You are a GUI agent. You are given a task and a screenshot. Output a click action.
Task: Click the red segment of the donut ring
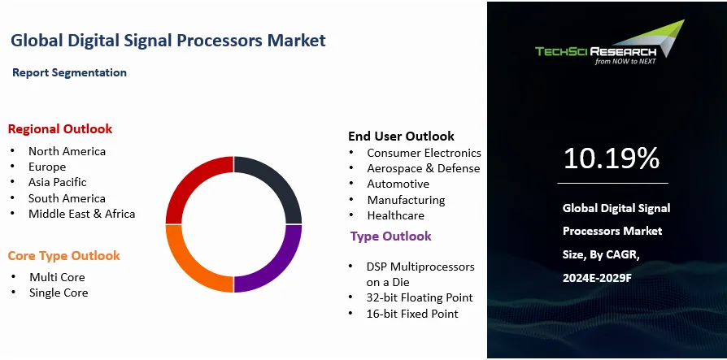pyautogui.click(x=185, y=178)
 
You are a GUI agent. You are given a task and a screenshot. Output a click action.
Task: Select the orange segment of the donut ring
pyautogui.click(x=185, y=271)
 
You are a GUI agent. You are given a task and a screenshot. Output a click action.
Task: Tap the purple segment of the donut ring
pyautogui.click(x=281, y=271)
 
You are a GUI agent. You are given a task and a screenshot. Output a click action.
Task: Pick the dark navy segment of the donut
pyautogui.click(x=281, y=178)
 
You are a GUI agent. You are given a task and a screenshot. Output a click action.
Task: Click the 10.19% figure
pyautogui.click(x=612, y=158)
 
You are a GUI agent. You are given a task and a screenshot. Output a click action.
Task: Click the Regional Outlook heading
pyautogui.click(x=60, y=128)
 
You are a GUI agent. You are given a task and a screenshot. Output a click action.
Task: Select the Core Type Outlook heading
pyautogui.click(x=64, y=256)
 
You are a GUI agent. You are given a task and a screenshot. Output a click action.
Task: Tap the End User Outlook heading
pyautogui.click(x=402, y=137)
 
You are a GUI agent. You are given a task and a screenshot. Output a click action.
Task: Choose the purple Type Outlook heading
pyautogui.click(x=391, y=236)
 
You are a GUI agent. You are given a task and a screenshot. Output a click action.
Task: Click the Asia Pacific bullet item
pyautogui.click(x=58, y=182)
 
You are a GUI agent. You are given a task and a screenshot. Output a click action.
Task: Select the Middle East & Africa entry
pyautogui.click(x=81, y=214)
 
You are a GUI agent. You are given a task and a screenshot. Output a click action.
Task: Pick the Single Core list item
pyautogui.click(x=59, y=293)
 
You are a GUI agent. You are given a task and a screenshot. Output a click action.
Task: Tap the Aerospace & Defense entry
pyautogui.click(x=424, y=168)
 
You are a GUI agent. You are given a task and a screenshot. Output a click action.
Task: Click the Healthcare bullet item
pyautogui.click(x=395, y=215)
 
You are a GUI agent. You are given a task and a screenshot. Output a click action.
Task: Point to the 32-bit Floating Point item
pyautogui.click(x=420, y=297)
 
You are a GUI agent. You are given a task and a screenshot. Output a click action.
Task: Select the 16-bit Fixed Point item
pyautogui.click(x=412, y=314)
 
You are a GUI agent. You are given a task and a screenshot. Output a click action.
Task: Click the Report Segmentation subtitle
pyautogui.click(x=70, y=73)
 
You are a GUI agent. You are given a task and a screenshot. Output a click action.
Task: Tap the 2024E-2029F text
pyautogui.click(x=597, y=278)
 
